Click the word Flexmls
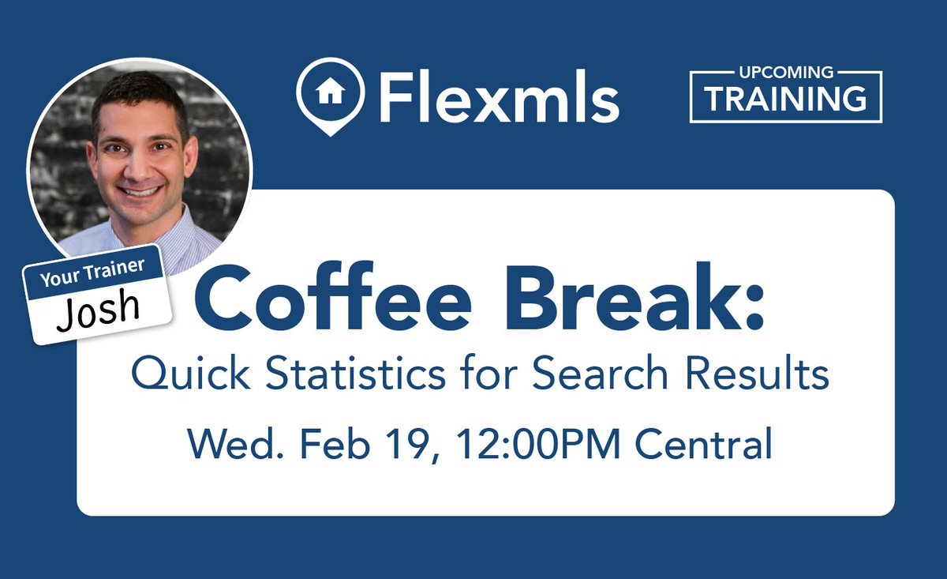498,95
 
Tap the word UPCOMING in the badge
786,73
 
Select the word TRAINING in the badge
786,100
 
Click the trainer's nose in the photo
138,164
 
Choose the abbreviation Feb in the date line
330,445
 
